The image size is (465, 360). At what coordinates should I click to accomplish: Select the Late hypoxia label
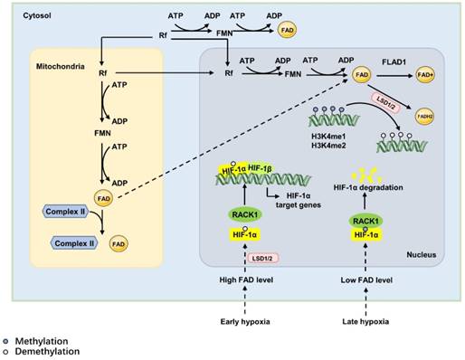370,321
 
